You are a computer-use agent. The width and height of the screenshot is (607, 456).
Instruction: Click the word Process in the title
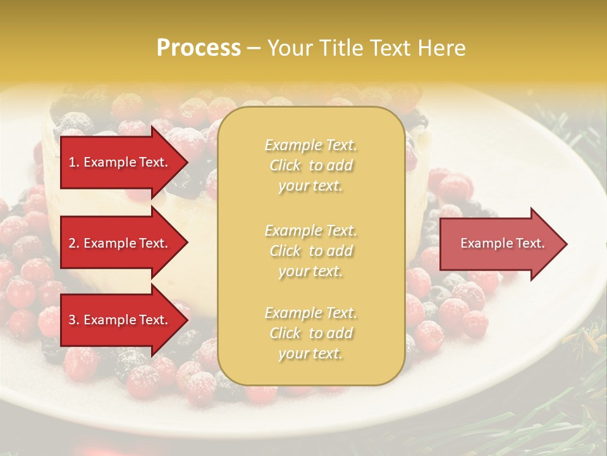[x=199, y=48]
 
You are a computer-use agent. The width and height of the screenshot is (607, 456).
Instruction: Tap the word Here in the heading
[x=442, y=48]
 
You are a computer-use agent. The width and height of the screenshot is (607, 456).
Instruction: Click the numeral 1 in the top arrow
[x=71, y=162]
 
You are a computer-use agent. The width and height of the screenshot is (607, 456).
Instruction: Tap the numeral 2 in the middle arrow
[x=71, y=243]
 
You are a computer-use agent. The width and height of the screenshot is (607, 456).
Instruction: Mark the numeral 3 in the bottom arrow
[x=71, y=320]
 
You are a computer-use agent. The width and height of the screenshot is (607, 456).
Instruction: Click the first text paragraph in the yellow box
[x=311, y=165]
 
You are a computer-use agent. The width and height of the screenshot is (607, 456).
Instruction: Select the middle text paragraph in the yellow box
[x=311, y=251]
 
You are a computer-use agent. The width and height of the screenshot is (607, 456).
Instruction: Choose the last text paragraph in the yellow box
[x=311, y=333]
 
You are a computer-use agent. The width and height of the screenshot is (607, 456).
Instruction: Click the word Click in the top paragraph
[x=285, y=165]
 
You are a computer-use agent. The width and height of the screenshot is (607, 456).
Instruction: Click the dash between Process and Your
[x=254, y=49]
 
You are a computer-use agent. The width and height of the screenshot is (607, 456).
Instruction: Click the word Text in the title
[x=388, y=48]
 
